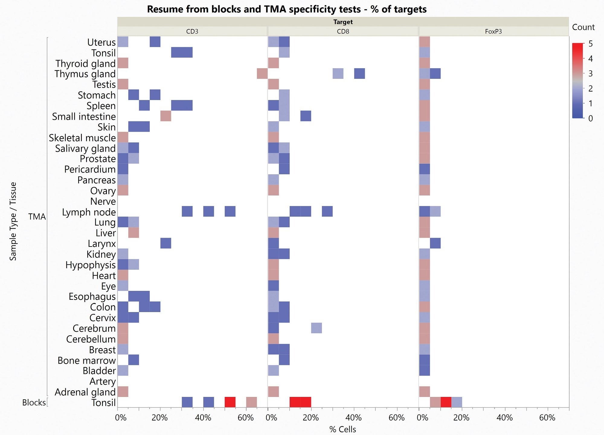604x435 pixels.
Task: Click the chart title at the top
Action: [287, 9]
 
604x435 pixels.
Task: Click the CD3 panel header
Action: [192, 31]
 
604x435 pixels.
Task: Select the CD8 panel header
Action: [343, 31]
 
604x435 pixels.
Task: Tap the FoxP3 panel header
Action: [493, 31]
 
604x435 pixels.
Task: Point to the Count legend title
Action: [583, 27]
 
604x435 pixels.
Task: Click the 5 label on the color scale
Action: [590, 44]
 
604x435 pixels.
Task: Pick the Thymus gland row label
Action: [85, 74]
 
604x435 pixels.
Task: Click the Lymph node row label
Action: [89, 212]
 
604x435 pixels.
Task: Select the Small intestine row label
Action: [84, 117]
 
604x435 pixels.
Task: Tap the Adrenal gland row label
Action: [85, 392]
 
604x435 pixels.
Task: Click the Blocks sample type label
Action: [34, 403]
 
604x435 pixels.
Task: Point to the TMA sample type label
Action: [37, 217]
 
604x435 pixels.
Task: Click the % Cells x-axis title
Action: [342, 429]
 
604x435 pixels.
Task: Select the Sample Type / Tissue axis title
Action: [13, 221]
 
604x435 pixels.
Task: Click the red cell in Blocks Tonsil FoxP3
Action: [446, 402]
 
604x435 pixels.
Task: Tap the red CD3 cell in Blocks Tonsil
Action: [230, 402]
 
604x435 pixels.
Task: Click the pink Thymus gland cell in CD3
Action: [262, 74]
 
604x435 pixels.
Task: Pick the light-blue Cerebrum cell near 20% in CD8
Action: [316, 328]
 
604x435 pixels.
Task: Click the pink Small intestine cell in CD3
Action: [166, 116]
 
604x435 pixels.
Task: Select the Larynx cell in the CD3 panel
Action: [166, 243]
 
